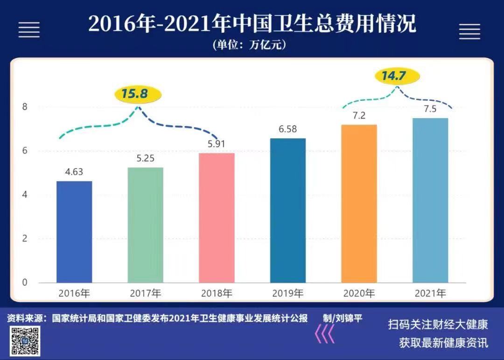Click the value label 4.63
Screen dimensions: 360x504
[x=74, y=172]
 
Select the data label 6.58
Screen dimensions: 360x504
[x=288, y=129]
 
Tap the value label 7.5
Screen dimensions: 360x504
[x=430, y=109]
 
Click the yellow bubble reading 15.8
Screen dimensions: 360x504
[x=138, y=94]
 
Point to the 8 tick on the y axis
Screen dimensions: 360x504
[x=25, y=107]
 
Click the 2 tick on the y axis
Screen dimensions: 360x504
[x=25, y=239]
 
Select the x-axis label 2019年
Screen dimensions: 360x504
[x=288, y=294]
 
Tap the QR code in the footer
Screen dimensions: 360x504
[x=26, y=340]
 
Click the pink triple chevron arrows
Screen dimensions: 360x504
[x=324, y=334]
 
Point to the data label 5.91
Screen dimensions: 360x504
[x=217, y=144]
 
